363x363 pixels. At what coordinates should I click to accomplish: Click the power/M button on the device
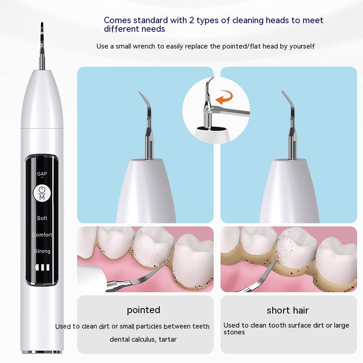coord(42,194)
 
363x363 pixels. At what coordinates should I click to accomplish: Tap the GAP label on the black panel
coord(42,174)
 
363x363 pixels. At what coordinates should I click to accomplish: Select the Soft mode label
coord(42,218)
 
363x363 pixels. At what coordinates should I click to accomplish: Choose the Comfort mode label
coord(42,235)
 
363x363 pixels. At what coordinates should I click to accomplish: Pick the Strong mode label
coord(42,251)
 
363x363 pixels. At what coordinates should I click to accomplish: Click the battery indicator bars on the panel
coord(42,268)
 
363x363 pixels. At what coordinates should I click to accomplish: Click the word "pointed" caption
coord(143,310)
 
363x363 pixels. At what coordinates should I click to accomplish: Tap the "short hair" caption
coord(288,311)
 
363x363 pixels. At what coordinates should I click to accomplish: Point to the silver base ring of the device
coord(42,351)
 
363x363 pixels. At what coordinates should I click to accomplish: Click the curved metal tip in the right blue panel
coord(288,102)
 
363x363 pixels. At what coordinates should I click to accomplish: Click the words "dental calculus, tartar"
coord(143,339)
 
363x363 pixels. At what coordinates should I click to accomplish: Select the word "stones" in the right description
coord(234,333)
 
